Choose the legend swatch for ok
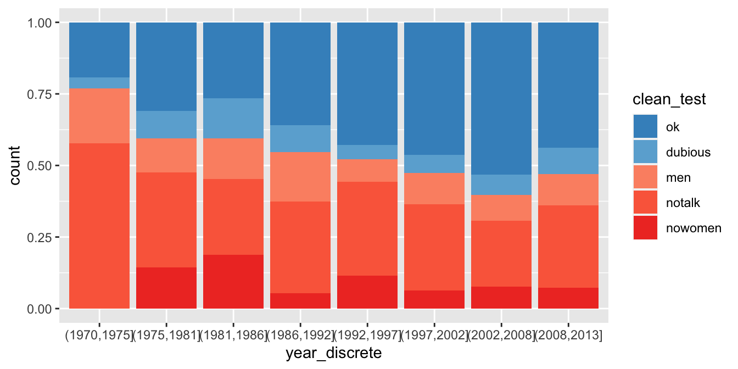(x=645, y=127)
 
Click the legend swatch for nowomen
(x=645, y=228)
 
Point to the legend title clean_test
(x=669, y=99)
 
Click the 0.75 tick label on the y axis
(x=40, y=94)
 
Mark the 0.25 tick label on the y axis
(x=40, y=237)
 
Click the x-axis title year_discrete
(x=333, y=353)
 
